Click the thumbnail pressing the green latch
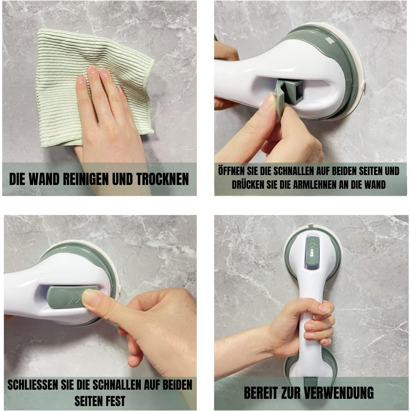click(91, 298)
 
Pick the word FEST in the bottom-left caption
click(114, 400)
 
